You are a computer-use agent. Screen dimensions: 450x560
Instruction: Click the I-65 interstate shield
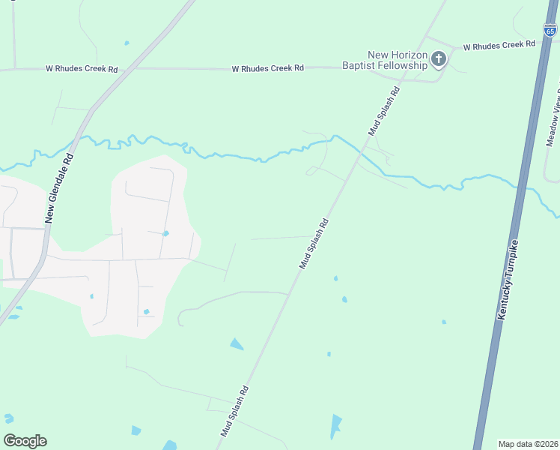coord(550,30)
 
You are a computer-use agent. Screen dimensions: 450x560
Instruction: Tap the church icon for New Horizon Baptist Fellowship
coord(439,58)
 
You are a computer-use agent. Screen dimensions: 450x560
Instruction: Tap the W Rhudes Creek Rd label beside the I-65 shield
coord(499,46)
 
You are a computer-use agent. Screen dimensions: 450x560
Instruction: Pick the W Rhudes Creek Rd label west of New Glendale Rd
coord(82,69)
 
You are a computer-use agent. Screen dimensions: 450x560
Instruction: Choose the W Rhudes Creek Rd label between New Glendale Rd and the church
coord(268,68)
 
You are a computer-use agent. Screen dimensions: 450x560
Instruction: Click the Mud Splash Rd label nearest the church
coord(385,110)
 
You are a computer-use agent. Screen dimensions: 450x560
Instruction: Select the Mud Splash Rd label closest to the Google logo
coord(234,411)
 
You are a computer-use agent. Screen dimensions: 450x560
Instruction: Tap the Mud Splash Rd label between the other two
coord(314,244)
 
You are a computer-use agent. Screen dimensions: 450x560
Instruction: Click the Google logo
coord(25,441)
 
